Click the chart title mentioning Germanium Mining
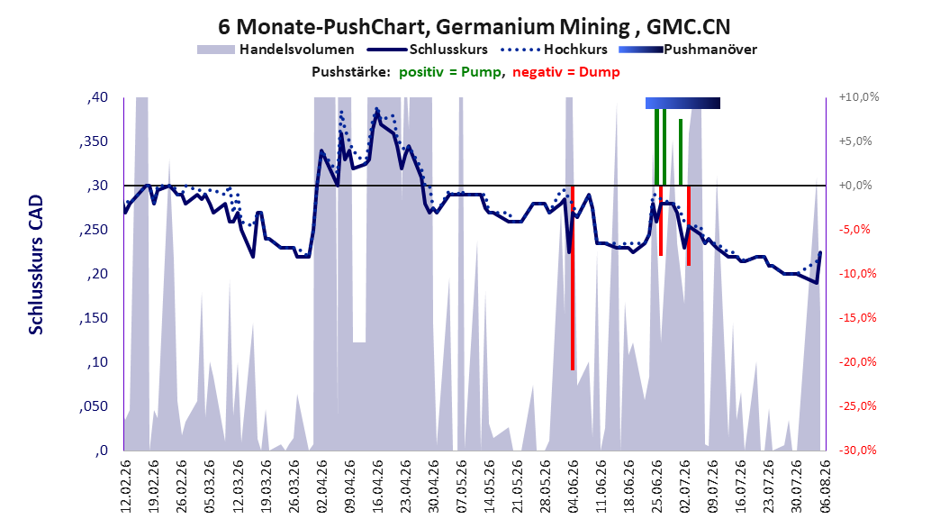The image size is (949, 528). pos(474,27)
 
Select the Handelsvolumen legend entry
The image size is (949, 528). pos(276,50)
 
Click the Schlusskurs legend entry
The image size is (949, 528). pos(428,50)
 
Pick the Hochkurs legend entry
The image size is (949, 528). pos(554,50)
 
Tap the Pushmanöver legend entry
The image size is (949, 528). pos(688,50)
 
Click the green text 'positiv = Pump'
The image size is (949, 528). pos(450,72)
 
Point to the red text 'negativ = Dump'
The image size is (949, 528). pos(566,72)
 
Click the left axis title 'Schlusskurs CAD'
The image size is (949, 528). pos(36,265)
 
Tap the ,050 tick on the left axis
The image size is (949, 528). pos(94,406)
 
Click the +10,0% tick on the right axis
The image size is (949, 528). pos(859,97)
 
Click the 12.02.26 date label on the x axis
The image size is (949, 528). pos(126,487)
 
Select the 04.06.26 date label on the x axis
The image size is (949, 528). pos(574,487)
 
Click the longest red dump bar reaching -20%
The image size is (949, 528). pos(573,278)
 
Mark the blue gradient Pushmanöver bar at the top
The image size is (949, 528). pos(682,103)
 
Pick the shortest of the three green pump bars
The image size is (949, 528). pos(681,152)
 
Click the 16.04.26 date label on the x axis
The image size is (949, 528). pos(377,487)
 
